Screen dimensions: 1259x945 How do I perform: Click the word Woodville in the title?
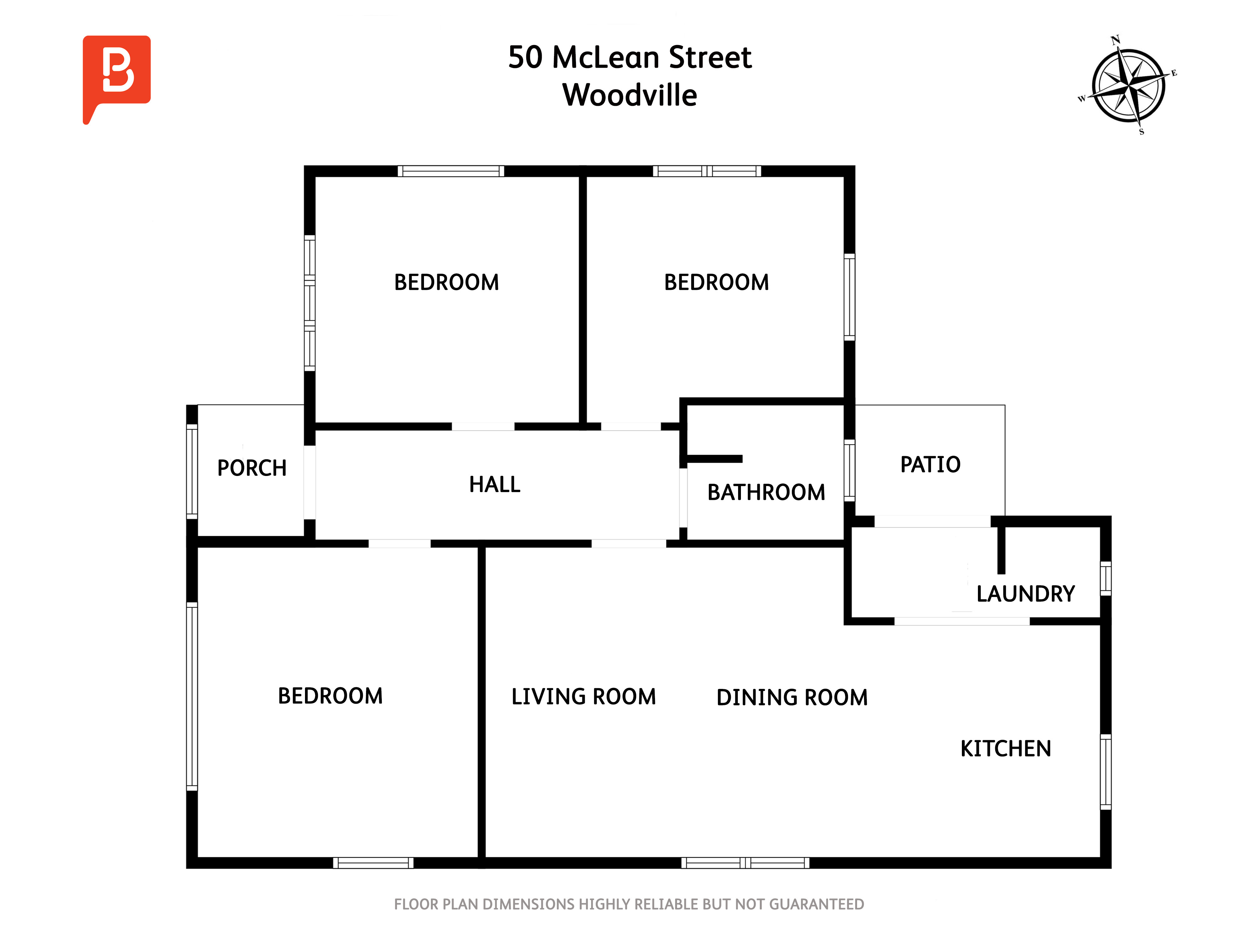coord(629,95)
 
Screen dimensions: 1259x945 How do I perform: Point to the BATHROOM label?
coord(766,492)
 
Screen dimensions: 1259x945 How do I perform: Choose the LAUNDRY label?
coord(1026,594)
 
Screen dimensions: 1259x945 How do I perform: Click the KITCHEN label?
coord(1006,748)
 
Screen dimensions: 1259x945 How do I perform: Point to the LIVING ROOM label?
coord(584,697)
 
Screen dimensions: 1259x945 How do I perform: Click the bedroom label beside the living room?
coord(330,696)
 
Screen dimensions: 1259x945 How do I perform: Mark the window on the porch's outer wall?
coord(192,472)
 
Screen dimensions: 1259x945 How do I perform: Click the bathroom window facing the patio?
coord(849,471)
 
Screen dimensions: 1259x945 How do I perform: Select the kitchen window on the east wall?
coord(1105,772)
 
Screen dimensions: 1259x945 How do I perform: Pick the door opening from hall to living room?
coord(629,543)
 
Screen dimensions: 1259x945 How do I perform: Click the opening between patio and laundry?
coord(932,521)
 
